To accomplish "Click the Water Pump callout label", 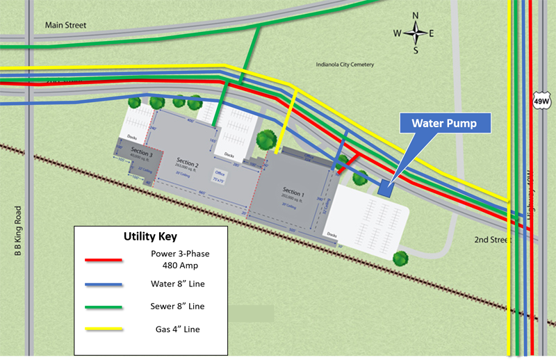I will coord(443,124).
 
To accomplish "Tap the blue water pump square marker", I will coord(385,186).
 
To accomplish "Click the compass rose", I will coord(416,33).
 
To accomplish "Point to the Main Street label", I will coord(65,26).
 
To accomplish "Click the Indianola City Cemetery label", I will coord(345,65).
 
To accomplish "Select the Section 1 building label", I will coord(293,191).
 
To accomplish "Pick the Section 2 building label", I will coord(188,163).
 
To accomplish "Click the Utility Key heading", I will coord(149,236).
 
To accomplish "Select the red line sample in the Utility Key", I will coord(104,260).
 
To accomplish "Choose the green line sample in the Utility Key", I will coord(104,306).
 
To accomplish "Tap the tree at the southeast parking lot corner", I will coord(400,259).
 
